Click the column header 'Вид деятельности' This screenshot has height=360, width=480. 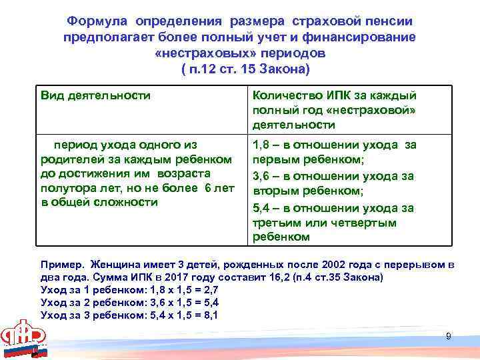(x=96, y=95)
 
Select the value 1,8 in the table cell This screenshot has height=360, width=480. (x=260, y=145)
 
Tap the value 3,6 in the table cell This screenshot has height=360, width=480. (x=260, y=177)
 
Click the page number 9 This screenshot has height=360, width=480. (x=449, y=336)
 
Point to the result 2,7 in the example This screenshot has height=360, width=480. (x=209, y=290)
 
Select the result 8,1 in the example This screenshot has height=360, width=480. (x=209, y=315)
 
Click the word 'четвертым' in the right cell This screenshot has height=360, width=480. (x=371, y=223)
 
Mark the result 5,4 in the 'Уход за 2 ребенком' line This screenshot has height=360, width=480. (x=209, y=303)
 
